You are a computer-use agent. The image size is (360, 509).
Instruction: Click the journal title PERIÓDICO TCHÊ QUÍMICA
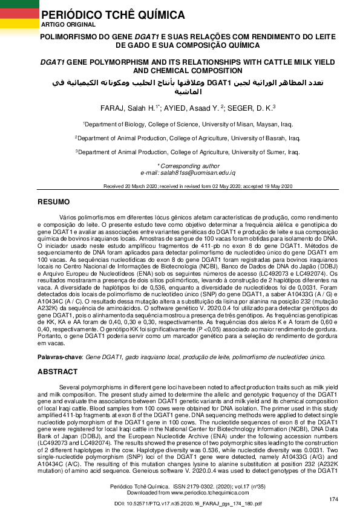[105, 15]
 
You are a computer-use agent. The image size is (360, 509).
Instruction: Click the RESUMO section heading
[54, 201]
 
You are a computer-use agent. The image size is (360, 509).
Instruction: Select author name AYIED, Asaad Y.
[191, 108]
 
